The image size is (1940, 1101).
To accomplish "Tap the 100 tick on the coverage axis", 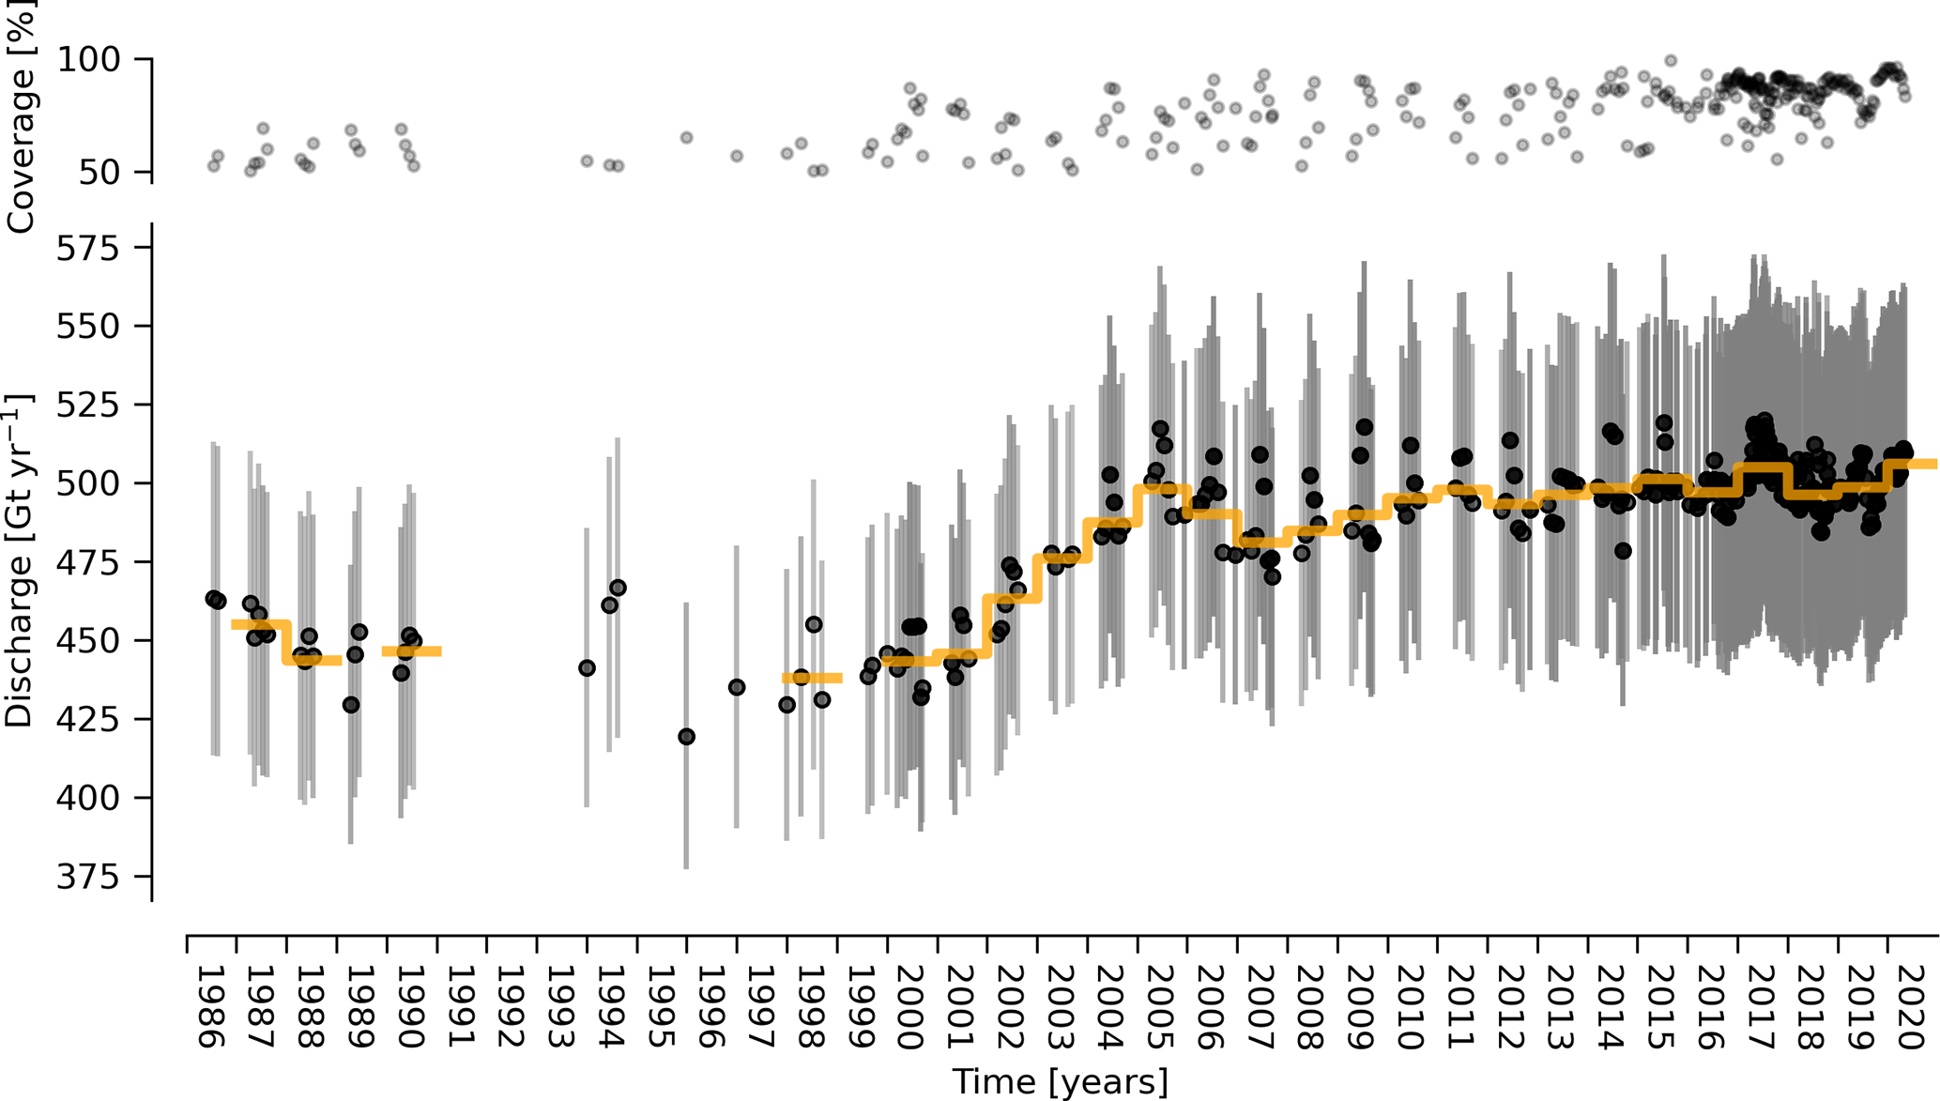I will [x=90, y=60].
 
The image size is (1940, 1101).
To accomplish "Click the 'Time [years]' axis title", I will [x=1061, y=1081].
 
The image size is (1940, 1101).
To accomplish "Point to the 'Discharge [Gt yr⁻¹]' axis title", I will [x=19, y=561].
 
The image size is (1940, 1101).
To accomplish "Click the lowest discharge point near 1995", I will [x=686, y=737].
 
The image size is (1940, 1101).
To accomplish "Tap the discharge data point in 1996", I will [x=737, y=687].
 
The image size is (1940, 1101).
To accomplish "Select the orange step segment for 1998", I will [x=812, y=678].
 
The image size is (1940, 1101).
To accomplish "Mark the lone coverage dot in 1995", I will [x=686, y=138].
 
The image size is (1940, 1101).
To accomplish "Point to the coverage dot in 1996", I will [x=737, y=156].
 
